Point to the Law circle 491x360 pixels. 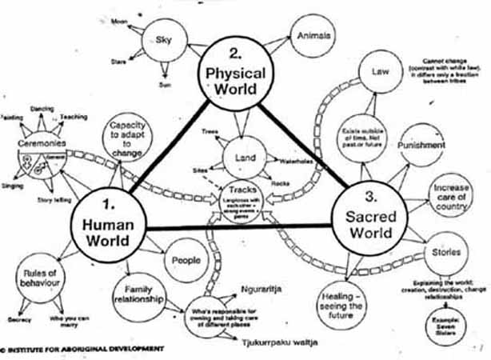(x=380, y=72)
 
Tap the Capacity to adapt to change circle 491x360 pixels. (x=128, y=134)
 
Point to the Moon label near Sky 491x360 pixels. (x=120, y=18)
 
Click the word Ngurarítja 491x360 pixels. (x=261, y=287)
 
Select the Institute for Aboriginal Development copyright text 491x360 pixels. (x=83, y=350)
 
